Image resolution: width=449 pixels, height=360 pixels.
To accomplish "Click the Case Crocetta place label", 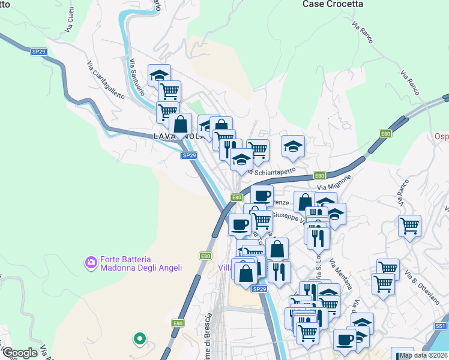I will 333,4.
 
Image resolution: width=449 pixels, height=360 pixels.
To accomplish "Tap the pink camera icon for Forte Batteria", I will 91,262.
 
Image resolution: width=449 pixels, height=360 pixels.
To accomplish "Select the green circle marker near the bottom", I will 140,339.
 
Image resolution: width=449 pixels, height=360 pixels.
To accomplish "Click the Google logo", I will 20,353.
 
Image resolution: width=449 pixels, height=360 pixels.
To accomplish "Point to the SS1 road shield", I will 441,325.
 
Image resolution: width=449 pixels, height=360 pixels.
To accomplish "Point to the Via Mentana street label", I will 341,277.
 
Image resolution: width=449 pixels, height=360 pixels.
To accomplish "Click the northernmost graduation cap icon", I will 159,75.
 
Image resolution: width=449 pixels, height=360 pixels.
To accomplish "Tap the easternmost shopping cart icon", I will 409,226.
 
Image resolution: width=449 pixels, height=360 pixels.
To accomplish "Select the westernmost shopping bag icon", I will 180,124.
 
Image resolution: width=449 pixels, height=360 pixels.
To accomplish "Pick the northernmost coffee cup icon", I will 261,195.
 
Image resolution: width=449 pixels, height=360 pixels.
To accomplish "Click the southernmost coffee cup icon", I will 345,339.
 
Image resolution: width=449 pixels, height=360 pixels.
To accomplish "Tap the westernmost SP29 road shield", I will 39,52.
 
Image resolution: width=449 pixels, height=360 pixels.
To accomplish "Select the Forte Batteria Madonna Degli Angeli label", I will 141,263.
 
